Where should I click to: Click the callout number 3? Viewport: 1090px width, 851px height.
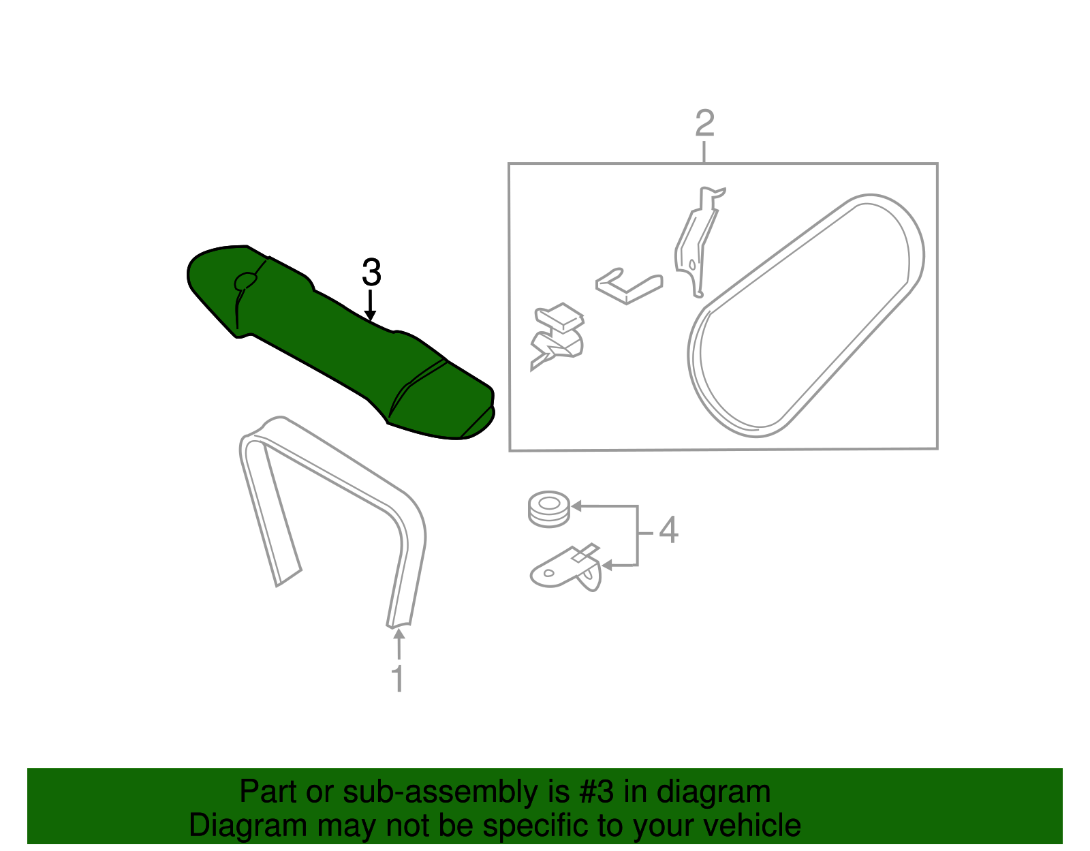371,273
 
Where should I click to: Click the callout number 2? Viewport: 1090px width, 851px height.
704,123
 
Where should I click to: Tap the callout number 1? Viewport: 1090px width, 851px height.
398,679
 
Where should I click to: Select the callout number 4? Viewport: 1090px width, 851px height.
668,530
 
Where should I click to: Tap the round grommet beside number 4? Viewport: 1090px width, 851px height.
549,508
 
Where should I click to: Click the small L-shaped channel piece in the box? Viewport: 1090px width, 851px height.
628,285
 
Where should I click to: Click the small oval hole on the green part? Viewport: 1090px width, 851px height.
245,281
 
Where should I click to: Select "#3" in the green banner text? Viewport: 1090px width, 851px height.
597,792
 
